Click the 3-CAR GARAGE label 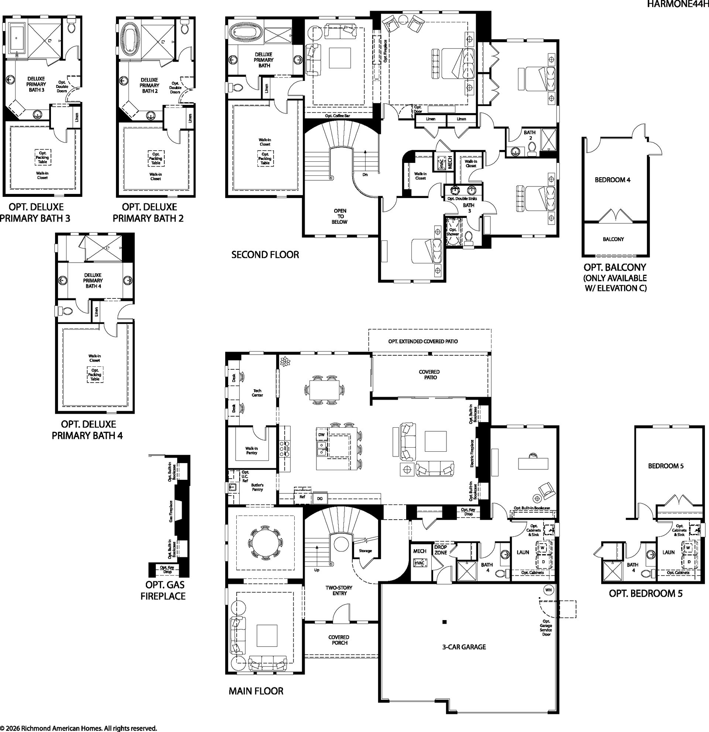464,647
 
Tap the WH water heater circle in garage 548,590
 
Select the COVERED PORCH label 339,640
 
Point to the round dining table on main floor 265,542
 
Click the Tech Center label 257,393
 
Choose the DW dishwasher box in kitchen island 322,435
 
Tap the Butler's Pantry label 257,487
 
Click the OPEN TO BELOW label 340,216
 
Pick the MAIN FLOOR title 256,691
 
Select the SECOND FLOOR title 265,255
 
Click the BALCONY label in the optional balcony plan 613,239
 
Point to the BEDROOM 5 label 666,466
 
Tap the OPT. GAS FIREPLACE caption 163,590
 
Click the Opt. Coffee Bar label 338,116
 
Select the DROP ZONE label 441,550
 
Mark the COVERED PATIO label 430,374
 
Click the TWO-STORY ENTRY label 339,591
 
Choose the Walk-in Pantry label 251,451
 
